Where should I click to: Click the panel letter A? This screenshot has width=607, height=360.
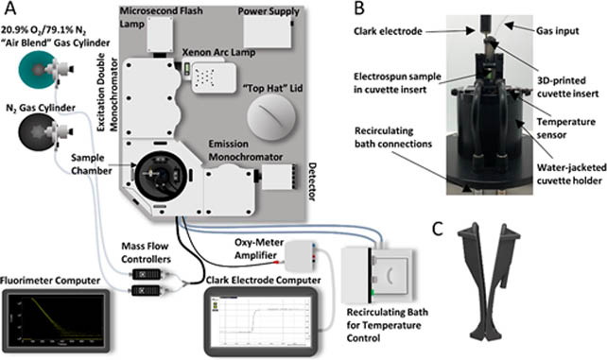pos(9,9)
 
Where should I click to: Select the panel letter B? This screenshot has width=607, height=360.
pos(359,9)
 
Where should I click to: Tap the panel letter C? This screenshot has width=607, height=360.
pos(438,229)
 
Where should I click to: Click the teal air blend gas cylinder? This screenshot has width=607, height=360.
pos(38,70)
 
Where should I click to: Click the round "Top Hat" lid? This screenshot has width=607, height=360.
pos(271,116)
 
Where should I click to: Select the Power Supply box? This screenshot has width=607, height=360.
pos(268,32)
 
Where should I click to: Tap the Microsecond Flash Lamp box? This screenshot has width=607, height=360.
pos(160,35)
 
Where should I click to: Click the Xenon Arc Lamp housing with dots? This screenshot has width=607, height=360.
pos(214,77)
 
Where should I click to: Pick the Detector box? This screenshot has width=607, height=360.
pos(278,177)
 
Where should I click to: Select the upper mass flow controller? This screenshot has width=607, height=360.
pos(147,274)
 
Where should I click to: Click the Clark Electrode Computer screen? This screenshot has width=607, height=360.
pos(263,320)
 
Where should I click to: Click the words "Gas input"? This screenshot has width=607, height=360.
pos(558,31)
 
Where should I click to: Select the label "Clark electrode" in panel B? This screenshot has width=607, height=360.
pos(388,31)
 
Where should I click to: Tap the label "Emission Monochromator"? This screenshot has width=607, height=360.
pos(246,150)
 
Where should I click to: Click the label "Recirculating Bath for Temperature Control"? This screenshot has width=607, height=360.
pos(387,325)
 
